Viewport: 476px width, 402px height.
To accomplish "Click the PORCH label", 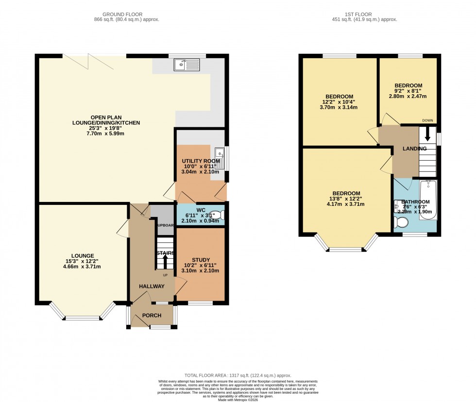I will coord(152,316).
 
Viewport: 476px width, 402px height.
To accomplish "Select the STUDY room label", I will coord(201,260).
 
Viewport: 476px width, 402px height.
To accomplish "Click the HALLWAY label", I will coord(151,286).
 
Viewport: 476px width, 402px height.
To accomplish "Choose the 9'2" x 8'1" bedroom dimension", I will coord(408,91).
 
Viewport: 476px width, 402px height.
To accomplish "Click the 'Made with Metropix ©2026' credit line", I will coord(238,399).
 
